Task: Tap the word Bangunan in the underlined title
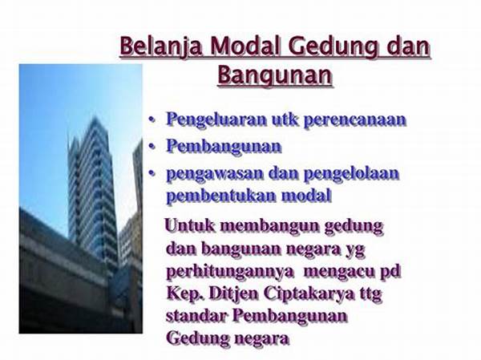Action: (x=275, y=75)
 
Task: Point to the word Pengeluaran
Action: (x=216, y=120)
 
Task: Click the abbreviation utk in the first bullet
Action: (x=285, y=119)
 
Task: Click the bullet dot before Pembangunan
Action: (x=152, y=148)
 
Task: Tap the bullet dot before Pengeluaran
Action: (x=152, y=120)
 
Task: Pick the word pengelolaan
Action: (x=351, y=174)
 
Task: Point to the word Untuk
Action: (x=189, y=225)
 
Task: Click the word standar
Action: (x=196, y=316)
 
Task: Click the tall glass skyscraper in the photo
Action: (x=92, y=190)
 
